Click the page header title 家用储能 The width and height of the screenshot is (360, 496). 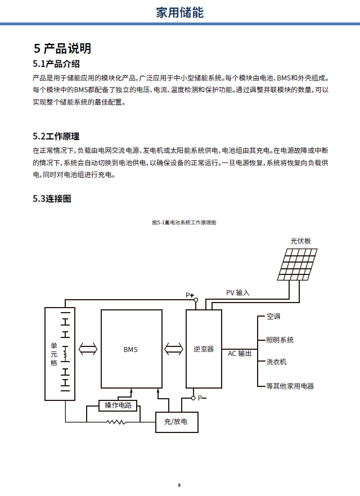(179, 12)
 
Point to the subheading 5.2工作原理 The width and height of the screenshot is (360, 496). (56, 136)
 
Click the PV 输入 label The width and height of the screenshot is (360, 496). (237, 293)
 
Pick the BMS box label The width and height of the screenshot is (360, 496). (130, 349)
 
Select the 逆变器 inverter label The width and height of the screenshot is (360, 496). (204, 349)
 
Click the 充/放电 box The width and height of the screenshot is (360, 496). (177, 421)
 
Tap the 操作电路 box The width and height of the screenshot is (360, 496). (118, 405)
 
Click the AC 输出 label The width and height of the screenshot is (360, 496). (240, 354)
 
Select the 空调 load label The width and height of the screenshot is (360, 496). (273, 317)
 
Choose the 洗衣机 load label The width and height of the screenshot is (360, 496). (276, 362)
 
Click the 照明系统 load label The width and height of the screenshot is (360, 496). (280, 340)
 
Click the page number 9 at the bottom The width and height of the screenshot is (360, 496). (179, 485)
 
